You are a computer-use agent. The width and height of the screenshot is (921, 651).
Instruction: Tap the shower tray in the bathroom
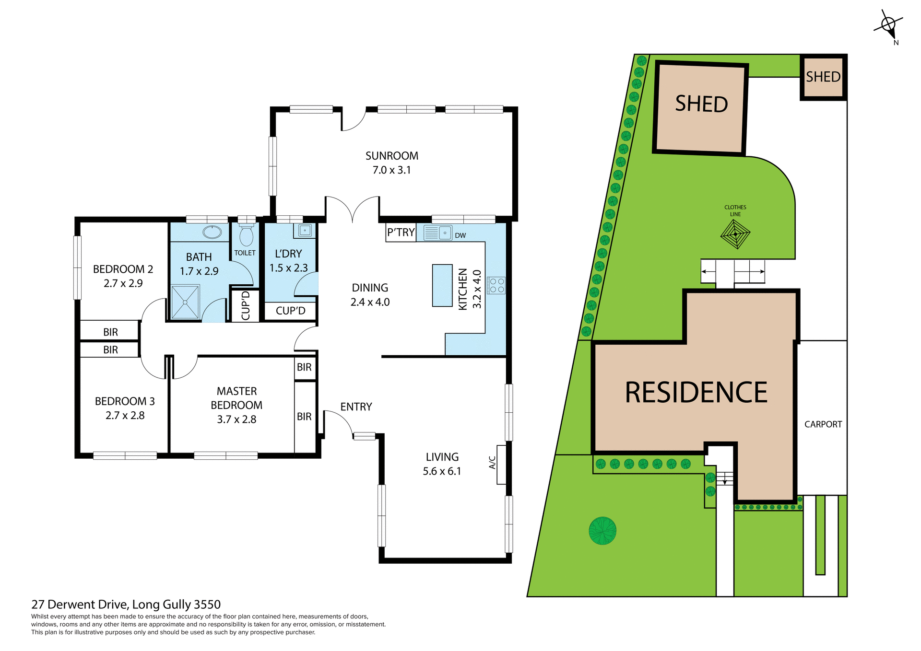[185, 302]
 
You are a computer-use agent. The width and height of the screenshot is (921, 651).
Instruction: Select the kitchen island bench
[442, 285]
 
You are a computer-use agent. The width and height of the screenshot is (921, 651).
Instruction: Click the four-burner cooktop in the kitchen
[496, 286]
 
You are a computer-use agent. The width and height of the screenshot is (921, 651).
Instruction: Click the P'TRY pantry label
[401, 232]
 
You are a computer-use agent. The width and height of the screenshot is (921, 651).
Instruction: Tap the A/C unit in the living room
[501, 464]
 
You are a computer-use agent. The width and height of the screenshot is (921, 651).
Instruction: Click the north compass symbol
[888, 25]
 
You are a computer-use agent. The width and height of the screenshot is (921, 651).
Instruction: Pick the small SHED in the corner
[823, 77]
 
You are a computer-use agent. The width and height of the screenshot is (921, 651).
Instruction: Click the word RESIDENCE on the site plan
[696, 392]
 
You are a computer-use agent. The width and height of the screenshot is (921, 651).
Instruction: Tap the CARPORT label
[823, 424]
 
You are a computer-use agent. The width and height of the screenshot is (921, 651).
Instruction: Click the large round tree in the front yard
[602, 531]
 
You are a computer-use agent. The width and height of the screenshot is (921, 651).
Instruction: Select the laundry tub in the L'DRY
[305, 231]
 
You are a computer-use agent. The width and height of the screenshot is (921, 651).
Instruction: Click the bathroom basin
[212, 232]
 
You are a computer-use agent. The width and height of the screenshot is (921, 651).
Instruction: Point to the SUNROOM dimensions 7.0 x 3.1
[391, 170]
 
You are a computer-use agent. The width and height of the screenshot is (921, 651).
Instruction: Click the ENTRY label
[356, 407]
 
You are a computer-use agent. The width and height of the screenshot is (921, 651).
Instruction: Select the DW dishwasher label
[460, 235]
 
